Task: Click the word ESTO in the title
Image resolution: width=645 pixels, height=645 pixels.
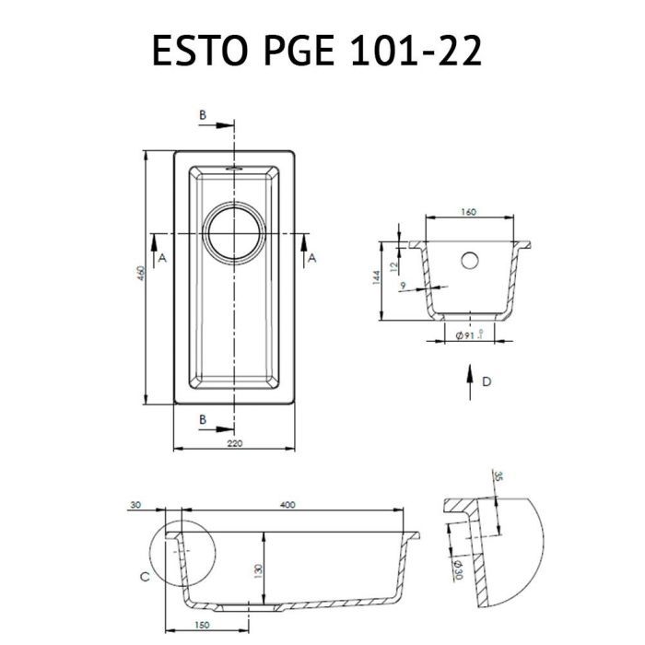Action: tap(201, 51)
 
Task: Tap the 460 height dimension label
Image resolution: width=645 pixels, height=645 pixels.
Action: tap(141, 274)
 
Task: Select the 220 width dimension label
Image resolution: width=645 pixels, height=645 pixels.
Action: tap(234, 443)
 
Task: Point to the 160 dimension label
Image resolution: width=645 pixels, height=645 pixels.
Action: tap(468, 212)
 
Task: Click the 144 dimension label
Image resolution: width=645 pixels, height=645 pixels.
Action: tap(376, 277)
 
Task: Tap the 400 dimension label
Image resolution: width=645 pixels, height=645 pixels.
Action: tap(287, 504)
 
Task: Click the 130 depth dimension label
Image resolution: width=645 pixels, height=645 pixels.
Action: tap(258, 569)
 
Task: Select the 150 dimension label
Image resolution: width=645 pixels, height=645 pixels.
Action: tap(201, 625)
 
